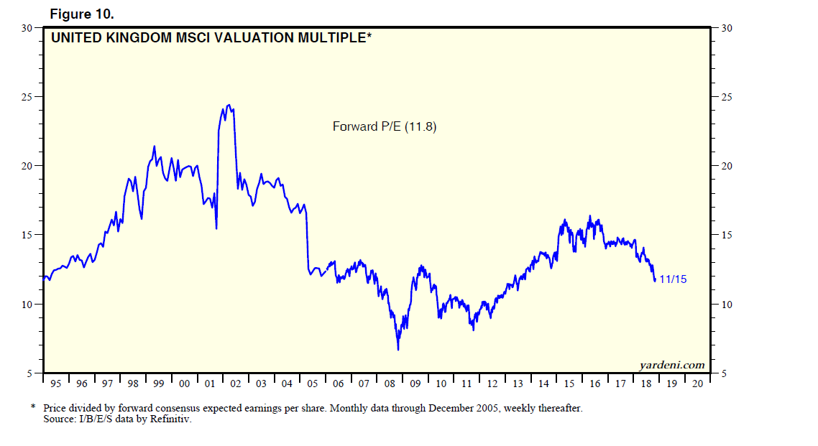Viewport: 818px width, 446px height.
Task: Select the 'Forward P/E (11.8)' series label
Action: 385,126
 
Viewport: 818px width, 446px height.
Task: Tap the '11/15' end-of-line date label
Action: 673,279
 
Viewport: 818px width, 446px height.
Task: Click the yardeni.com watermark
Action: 672,365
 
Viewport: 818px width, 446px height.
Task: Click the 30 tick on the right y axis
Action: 720,28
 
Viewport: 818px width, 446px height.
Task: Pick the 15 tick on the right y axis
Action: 720,235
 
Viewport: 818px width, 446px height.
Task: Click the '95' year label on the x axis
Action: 56,384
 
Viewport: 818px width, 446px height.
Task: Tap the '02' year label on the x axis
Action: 235,384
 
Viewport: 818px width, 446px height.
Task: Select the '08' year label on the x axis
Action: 390,384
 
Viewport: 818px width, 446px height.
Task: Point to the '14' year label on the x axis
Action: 543,384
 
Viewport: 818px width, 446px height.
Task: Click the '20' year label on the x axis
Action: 697,384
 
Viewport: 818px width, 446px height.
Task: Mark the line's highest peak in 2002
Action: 229,105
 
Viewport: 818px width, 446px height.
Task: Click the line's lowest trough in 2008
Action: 398,350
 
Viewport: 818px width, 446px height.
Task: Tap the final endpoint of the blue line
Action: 655,280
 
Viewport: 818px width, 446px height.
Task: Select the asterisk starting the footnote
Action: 33,407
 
